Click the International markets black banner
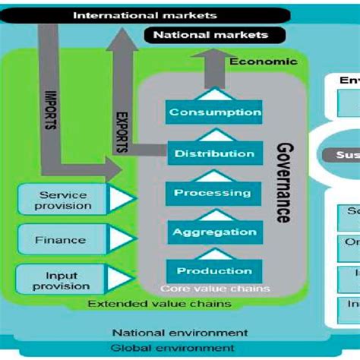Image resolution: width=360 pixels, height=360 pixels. pyautogui.click(x=144, y=14)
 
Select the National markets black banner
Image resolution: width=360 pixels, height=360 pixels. pyautogui.click(x=210, y=35)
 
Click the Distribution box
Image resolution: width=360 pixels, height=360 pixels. pyautogui.click(x=214, y=153)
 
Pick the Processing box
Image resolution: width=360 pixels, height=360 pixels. pyautogui.click(x=214, y=193)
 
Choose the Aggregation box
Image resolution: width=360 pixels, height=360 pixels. pyautogui.click(x=214, y=232)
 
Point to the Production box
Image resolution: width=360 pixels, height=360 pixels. pyautogui.click(x=214, y=271)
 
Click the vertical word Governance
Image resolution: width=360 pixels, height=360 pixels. pyautogui.click(x=282, y=182)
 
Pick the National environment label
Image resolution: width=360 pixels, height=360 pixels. pyautogui.click(x=179, y=333)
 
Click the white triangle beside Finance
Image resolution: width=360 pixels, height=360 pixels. pyautogui.click(x=121, y=240)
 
